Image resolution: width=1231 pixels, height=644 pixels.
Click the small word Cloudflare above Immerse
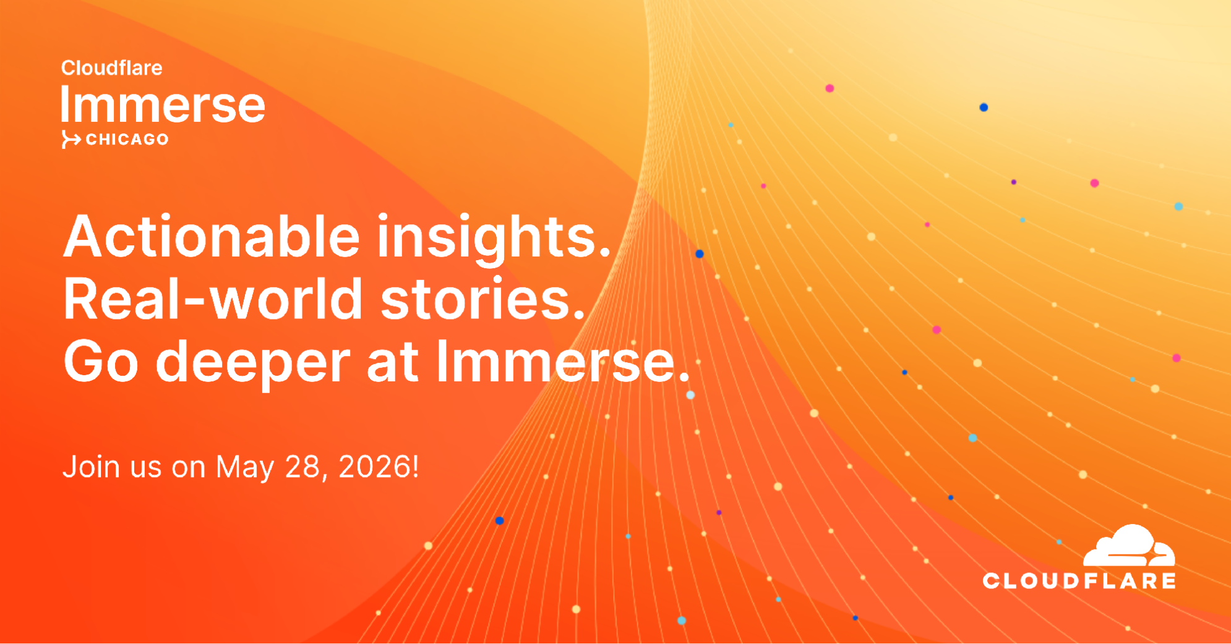tap(111, 67)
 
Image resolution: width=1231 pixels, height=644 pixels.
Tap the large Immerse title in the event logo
tap(163, 104)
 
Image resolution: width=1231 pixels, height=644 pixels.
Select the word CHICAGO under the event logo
tap(127, 140)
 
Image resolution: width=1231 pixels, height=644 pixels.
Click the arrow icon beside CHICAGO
tap(71, 140)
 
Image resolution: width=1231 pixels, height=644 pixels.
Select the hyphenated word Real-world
tap(213, 299)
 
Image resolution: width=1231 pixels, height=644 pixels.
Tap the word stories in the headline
tap(483, 300)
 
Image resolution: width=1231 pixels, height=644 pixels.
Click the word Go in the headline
tap(101, 362)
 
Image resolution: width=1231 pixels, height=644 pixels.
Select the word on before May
tap(189, 470)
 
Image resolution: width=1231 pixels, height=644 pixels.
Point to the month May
tap(245, 468)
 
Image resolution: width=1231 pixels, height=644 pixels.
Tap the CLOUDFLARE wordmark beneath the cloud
tap(1079, 581)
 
